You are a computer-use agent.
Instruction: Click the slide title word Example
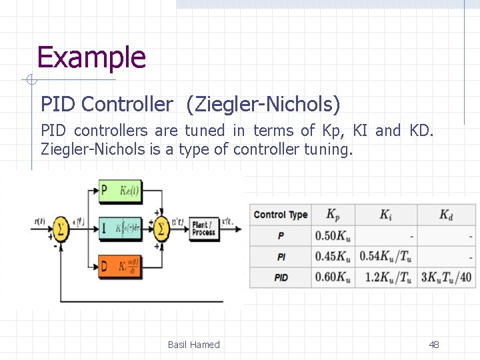pos(91,57)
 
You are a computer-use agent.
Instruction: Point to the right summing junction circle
pos(162,229)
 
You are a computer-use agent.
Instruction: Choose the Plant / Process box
pos(203,229)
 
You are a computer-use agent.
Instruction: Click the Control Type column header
pos(280,215)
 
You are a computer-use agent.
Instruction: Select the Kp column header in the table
pos(332,215)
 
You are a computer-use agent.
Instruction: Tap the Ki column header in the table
pos(386,215)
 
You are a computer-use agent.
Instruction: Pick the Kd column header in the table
pos(445,215)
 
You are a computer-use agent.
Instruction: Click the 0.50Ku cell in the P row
pos(332,236)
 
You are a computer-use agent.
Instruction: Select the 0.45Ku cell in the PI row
pos(332,257)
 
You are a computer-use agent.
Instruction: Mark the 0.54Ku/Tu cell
pos(385,257)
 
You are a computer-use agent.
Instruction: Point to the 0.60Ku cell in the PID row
pos(332,277)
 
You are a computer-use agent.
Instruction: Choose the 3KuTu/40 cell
pos(446,277)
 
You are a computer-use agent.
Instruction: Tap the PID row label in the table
pos(281,277)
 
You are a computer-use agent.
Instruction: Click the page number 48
pos(434,345)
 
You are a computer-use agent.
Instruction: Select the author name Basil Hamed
pos(193,345)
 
